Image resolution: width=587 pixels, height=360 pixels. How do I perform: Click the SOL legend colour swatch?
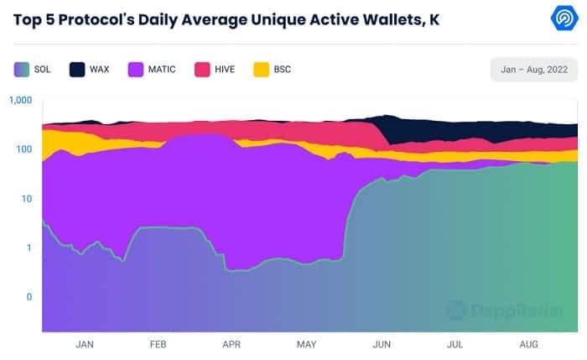point(22,69)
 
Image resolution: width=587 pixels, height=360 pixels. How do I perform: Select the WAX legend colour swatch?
point(78,69)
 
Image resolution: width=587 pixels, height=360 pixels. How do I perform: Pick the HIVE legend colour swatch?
point(202,69)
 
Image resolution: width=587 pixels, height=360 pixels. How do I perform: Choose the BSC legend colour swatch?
point(261,69)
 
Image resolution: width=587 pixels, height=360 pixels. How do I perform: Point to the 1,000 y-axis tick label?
point(19,101)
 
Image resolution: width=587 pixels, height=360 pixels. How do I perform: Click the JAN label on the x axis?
point(85,344)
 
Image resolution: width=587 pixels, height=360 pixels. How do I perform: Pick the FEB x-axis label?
point(158,344)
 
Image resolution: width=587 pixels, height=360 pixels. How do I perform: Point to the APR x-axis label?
point(232,344)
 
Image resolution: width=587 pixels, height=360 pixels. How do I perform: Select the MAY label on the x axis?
point(307,344)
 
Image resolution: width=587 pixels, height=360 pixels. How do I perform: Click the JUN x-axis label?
point(382,344)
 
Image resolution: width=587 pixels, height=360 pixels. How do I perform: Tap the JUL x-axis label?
point(455,344)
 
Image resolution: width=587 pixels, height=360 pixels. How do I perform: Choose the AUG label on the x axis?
point(529,344)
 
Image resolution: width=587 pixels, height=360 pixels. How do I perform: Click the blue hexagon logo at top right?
point(562,18)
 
